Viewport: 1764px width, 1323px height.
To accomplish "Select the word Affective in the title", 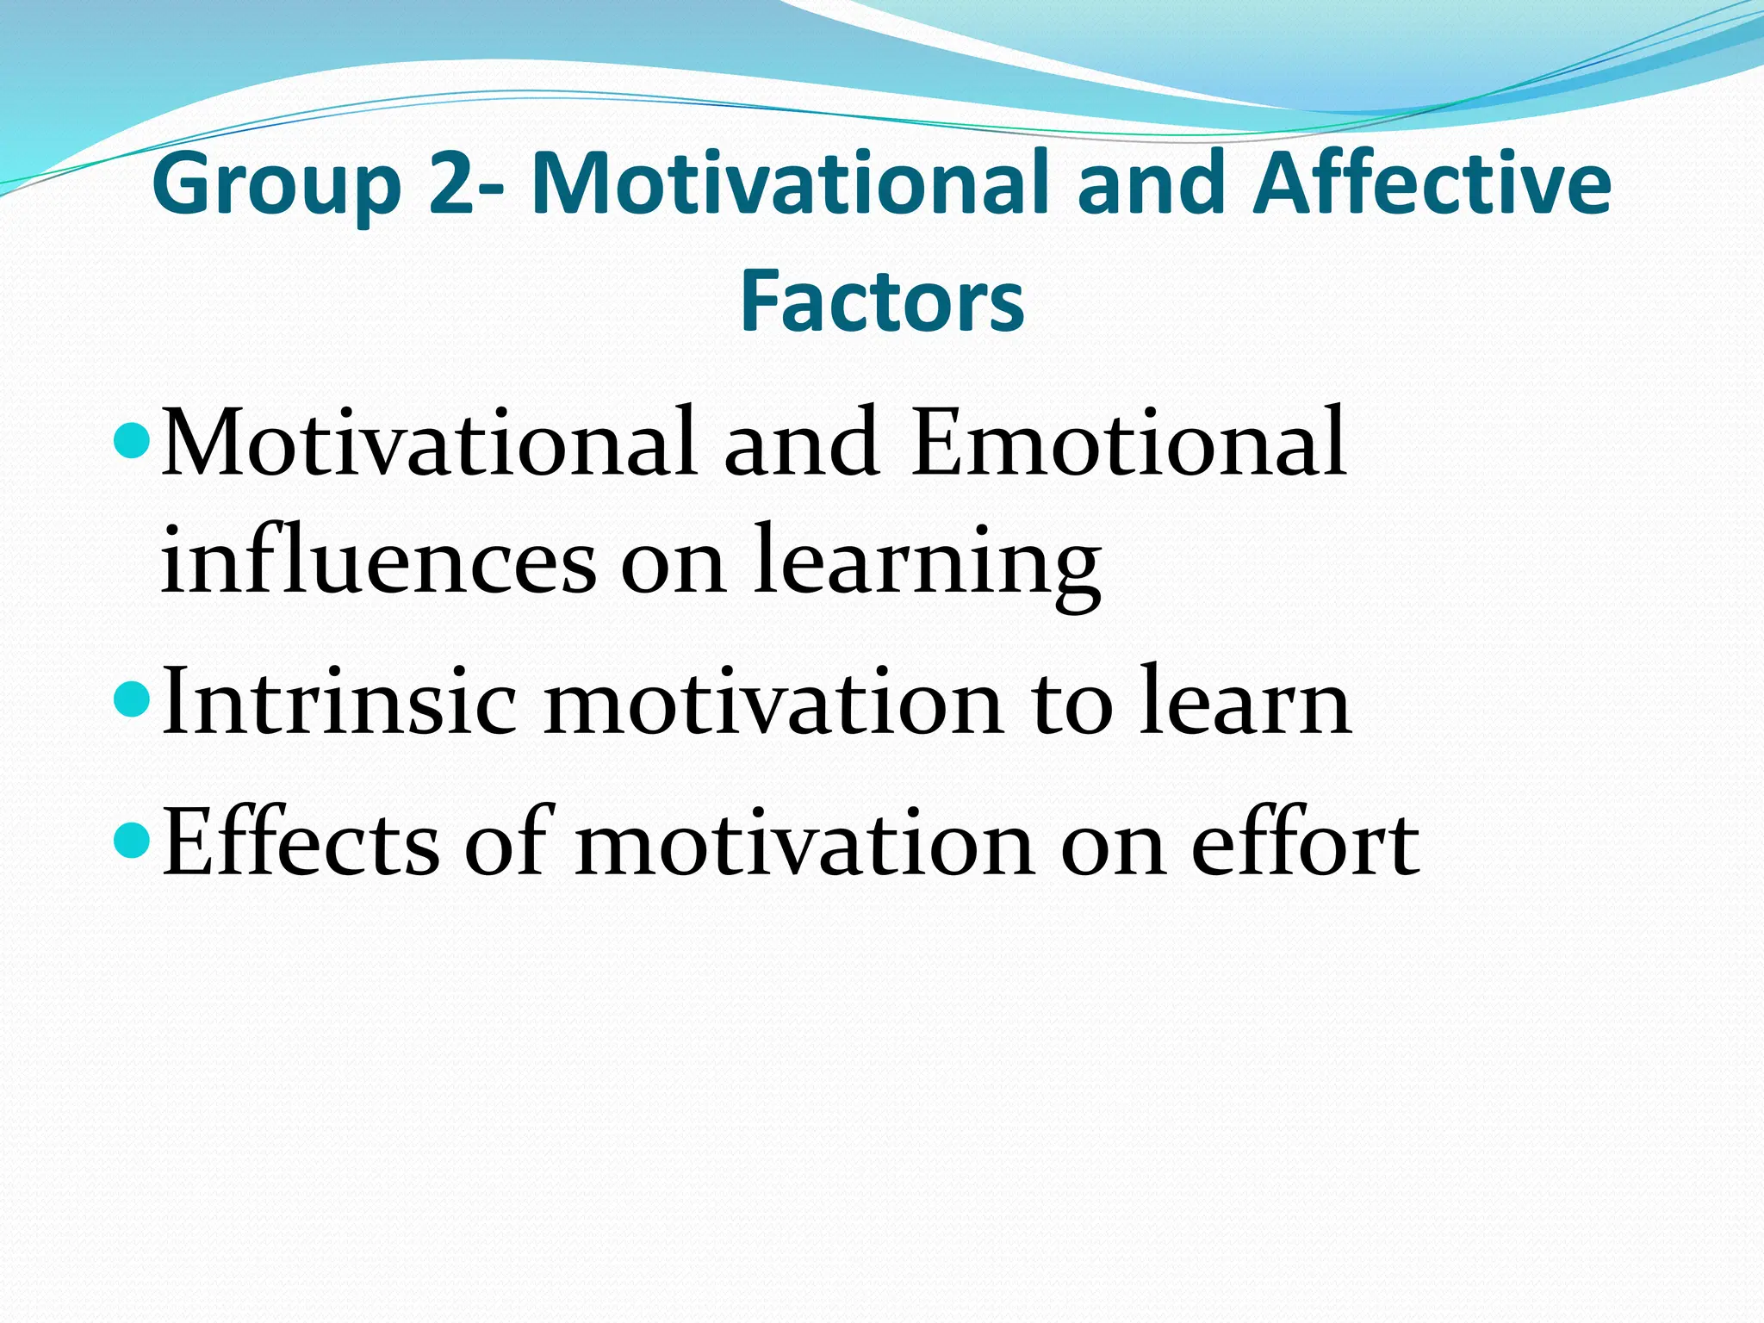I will (1431, 183).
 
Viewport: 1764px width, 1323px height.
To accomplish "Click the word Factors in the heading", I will (882, 300).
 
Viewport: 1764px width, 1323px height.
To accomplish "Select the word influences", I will (378, 562).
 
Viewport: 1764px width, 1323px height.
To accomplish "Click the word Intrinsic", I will (339, 702).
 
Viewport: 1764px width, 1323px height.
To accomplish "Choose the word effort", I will (1306, 842).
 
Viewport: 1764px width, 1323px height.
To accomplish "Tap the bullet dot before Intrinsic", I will (132, 696).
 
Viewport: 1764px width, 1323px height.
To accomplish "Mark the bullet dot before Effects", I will (132, 837).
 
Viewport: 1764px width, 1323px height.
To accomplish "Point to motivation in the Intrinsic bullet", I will (773, 702).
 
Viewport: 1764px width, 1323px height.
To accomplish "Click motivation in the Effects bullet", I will (804, 842).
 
